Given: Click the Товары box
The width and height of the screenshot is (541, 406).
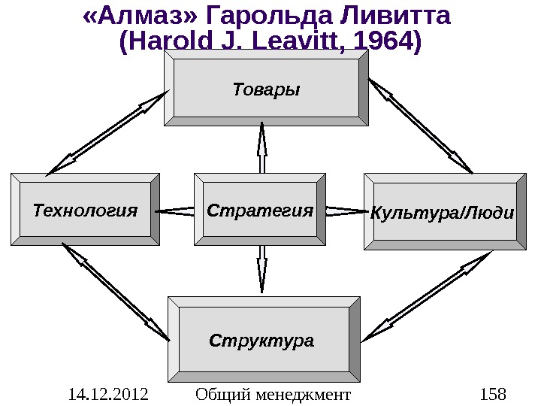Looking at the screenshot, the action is coord(266,89).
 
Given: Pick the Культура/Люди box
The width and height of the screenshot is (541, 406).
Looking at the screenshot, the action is coord(443,212).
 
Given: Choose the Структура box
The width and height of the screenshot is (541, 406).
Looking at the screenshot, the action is coord(261,341).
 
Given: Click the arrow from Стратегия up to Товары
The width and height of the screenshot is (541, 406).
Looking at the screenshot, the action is coord(262,149).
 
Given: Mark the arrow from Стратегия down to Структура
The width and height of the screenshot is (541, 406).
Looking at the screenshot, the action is coord(262,266).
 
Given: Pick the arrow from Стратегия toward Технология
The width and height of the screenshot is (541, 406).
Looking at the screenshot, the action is coord(177,211).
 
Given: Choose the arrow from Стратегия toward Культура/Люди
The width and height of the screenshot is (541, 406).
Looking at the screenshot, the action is coord(345,211).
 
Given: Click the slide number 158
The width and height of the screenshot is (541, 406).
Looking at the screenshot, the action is coord(492,393).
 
